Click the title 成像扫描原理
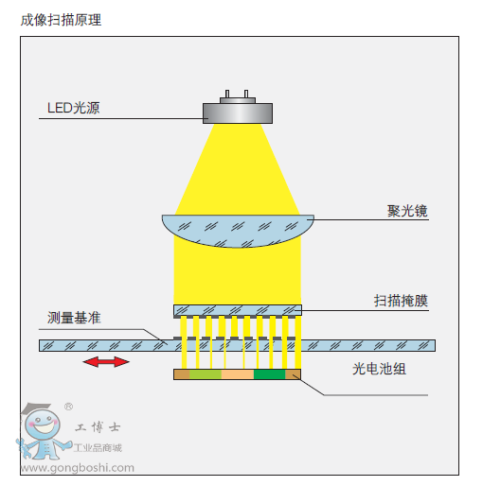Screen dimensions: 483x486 [x=61, y=20]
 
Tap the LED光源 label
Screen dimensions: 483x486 [x=74, y=108]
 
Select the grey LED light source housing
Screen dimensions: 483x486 [x=238, y=113]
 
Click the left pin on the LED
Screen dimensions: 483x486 [x=227, y=94]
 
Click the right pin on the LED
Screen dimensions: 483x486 [x=246, y=94]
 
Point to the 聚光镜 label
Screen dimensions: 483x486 [x=407, y=211]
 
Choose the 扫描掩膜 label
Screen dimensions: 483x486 [x=401, y=301]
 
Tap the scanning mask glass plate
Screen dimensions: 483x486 [x=238, y=310]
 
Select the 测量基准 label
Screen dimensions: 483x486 [x=74, y=318]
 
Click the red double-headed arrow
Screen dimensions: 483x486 [x=106, y=362]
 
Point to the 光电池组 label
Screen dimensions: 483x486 [x=379, y=369]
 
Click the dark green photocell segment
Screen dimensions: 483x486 [x=269, y=374]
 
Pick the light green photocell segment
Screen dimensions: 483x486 [x=206, y=374]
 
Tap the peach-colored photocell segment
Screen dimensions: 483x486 [x=238, y=374]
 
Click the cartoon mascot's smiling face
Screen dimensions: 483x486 [x=43, y=424]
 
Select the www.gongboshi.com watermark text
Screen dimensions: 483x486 [x=78, y=468]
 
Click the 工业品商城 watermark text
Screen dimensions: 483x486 [x=98, y=447]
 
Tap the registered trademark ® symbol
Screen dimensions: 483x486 [x=68, y=407]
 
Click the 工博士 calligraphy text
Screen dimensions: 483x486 [x=98, y=427]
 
